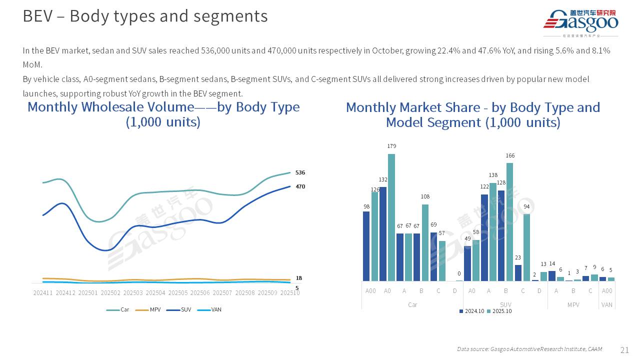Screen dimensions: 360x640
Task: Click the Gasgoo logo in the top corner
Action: pos(580,22)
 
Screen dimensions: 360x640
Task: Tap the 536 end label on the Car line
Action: pos(300,172)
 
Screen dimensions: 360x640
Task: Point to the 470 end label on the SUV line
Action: pos(300,186)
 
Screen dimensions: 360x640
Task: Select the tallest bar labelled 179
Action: pos(391,217)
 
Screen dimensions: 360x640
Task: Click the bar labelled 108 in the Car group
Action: pos(425,242)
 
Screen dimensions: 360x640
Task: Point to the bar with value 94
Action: pos(526,247)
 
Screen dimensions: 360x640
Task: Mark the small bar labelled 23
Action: pos(518,272)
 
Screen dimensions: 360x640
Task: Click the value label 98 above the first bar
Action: pos(366,206)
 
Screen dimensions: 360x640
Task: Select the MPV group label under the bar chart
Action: pos(573,304)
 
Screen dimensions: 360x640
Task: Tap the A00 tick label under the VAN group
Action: pos(607,290)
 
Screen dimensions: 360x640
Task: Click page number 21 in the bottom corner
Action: pos(624,349)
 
